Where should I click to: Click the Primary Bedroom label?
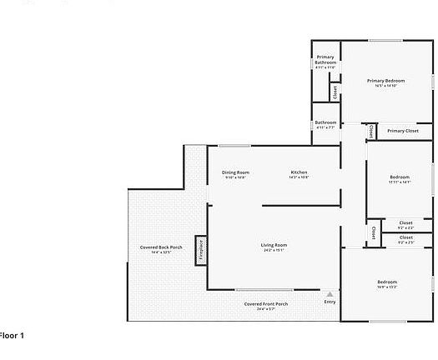(385, 81)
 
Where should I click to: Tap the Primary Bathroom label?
(325, 60)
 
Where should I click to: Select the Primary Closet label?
(402, 131)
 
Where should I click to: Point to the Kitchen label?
(299, 172)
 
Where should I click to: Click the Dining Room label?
(235, 172)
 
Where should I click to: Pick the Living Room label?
(274, 245)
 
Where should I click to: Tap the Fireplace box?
(200, 249)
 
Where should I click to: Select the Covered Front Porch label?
(266, 304)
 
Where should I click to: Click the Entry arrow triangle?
(330, 294)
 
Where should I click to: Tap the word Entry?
(330, 302)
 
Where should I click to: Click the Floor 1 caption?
(12, 335)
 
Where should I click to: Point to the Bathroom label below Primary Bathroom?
(325, 122)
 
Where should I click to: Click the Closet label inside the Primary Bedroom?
(335, 92)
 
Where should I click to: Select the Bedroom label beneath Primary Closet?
(400, 177)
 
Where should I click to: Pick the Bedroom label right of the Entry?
(386, 282)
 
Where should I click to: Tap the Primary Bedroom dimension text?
(385, 86)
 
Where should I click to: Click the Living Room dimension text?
(274, 250)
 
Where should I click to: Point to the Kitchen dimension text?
(299, 177)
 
